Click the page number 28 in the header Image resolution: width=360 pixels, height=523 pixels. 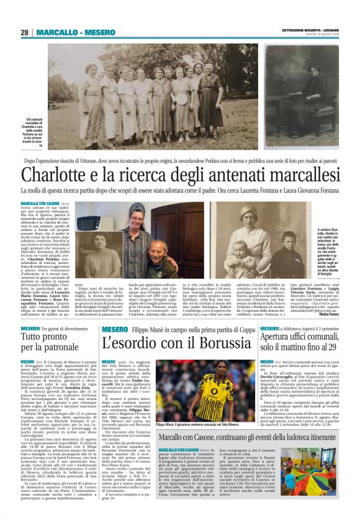(24, 32)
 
